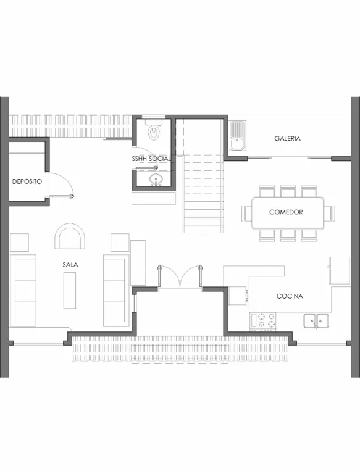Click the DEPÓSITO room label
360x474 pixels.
[x=27, y=181]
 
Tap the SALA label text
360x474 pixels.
[x=70, y=265]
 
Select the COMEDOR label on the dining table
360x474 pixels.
[x=286, y=212]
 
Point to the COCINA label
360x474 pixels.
[x=290, y=296]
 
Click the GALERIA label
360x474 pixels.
[x=287, y=138]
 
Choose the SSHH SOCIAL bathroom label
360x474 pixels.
[x=151, y=159]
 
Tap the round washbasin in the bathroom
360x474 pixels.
[x=156, y=179]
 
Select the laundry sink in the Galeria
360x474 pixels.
[x=238, y=135]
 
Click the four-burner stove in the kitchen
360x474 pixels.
[x=263, y=321]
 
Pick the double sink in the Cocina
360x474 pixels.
[x=316, y=321]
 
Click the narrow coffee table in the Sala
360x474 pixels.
[x=70, y=290]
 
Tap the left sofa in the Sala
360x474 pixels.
[x=23, y=291]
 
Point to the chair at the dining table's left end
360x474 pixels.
[x=247, y=214]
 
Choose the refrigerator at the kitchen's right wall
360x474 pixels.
[x=339, y=270]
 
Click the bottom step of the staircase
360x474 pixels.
[x=203, y=229]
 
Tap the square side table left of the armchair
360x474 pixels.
[x=19, y=243]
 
